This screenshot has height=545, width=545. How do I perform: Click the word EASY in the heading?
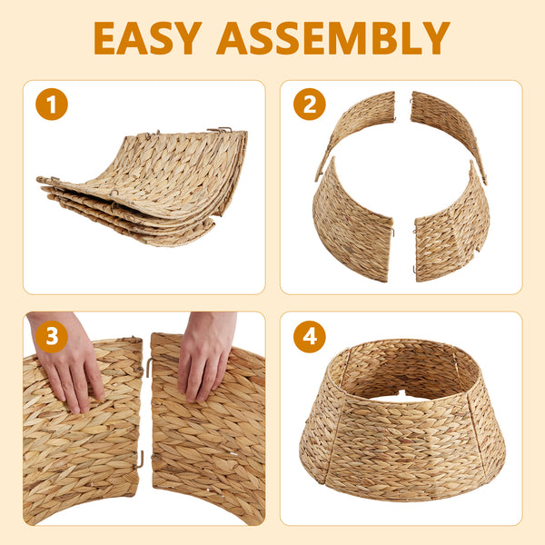pos(148,38)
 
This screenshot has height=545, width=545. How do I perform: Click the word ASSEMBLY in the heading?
pos(333,38)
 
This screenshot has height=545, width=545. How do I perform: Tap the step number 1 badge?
pos(52,104)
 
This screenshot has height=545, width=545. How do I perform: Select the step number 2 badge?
pos(310,104)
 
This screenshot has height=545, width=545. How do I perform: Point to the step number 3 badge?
pos(52,336)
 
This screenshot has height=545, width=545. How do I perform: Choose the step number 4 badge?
pos(310,336)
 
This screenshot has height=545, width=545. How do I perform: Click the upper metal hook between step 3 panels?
pos(150,367)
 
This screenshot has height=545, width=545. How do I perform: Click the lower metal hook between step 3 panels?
pos(140,460)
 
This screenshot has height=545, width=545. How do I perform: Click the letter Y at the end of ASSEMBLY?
pos(436,38)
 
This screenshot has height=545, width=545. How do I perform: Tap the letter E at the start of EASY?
pos(104,38)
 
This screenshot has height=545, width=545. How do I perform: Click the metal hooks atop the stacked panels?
pos(220,130)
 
